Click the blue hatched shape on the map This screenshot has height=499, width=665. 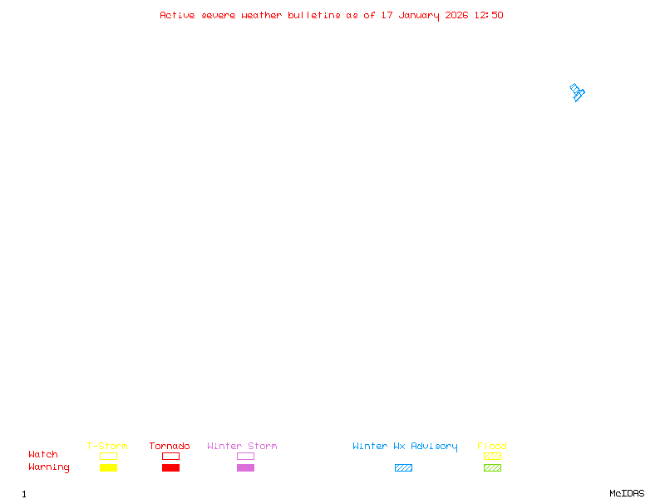[x=577, y=92]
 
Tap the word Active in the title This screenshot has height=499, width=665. [x=178, y=15]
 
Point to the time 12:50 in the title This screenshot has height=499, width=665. [x=489, y=15]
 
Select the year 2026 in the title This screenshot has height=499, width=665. [x=457, y=15]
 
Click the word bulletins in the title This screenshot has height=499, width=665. [x=314, y=15]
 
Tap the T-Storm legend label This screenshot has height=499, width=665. [x=107, y=446]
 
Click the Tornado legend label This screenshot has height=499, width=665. [x=170, y=446]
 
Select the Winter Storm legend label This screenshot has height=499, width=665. [x=242, y=446]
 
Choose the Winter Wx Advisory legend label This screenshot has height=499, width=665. [x=405, y=446]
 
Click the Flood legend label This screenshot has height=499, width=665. [x=492, y=446]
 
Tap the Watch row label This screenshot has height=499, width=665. [x=43, y=455]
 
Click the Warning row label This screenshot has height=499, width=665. [x=49, y=467]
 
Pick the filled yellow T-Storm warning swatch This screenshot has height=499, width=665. [x=108, y=467]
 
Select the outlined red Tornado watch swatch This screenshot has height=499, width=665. [x=170, y=456]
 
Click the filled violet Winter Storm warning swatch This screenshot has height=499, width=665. [x=245, y=467]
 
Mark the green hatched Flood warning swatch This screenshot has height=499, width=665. [x=492, y=467]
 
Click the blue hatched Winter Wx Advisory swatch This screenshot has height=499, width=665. [x=403, y=467]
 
